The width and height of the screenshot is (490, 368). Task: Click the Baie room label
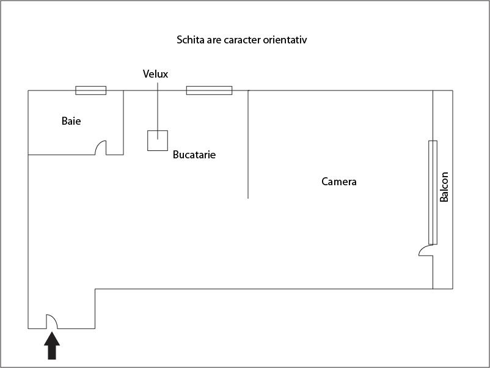[x=71, y=121]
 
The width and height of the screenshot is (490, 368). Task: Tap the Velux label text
[x=155, y=74]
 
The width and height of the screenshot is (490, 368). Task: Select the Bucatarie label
[x=194, y=155]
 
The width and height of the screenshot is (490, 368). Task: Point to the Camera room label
[x=339, y=182]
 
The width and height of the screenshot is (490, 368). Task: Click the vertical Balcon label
[x=445, y=187]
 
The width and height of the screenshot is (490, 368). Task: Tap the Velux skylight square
[x=158, y=141]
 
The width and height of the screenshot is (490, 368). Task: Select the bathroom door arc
[x=101, y=148]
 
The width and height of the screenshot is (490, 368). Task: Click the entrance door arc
[x=51, y=321]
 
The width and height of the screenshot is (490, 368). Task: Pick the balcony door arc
[x=425, y=250]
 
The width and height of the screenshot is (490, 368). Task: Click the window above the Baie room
[x=90, y=90]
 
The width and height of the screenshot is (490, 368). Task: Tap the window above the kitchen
[x=209, y=90]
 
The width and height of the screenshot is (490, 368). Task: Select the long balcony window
[x=433, y=192]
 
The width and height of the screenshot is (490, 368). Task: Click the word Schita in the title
[x=191, y=40]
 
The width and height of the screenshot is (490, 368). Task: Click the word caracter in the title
[x=244, y=40]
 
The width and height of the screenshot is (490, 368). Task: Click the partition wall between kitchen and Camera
[x=248, y=147]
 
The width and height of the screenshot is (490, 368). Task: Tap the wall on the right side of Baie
[x=123, y=122]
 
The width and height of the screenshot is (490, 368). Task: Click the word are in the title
[x=214, y=40]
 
